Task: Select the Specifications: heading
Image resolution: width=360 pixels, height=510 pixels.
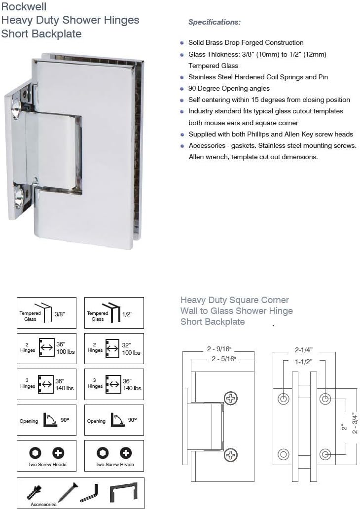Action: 215,22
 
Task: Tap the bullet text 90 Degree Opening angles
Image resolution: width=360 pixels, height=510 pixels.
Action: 229,89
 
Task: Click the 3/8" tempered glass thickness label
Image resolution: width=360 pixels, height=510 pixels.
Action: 59,313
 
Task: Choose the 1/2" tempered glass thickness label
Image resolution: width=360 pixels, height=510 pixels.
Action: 127,313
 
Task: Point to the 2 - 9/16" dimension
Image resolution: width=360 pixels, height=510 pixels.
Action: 218,349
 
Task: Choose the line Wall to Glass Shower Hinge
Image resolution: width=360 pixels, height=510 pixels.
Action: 237,311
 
